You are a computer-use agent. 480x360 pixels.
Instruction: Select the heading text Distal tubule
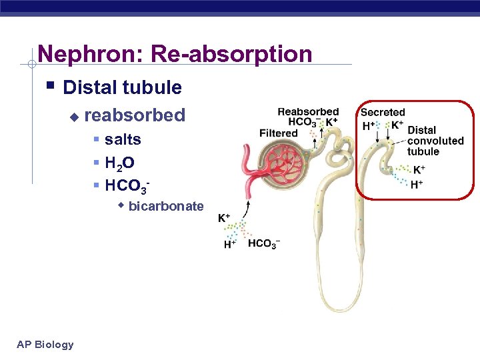click(x=122, y=87)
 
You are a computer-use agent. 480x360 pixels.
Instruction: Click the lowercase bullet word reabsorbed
click(x=135, y=115)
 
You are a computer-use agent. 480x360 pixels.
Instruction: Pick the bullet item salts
click(x=123, y=139)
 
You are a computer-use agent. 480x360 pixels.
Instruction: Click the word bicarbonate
click(x=166, y=206)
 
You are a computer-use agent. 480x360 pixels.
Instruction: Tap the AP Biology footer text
click(x=45, y=344)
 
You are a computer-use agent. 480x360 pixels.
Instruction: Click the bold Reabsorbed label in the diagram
click(x=308, y=112)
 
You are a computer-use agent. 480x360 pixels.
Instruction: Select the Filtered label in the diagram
click(x=279, y=133)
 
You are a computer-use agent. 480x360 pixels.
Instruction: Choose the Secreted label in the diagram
click(x=383, y=113)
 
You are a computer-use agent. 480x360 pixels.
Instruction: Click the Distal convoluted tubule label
click(x=435, y=141)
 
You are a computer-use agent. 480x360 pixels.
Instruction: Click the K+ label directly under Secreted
click(x=397, y=125)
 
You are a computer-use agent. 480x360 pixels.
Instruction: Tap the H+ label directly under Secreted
click(x=367, y=125)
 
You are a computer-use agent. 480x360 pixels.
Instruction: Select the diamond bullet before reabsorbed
click(x=74, y=117)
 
